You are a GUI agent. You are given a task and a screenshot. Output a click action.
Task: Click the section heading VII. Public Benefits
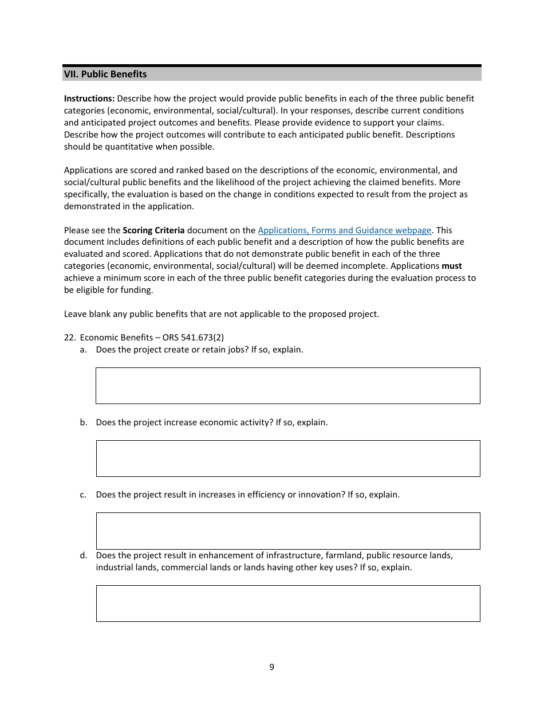[x=105, y=74]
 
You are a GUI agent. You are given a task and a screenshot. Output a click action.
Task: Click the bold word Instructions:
[x=89, y=99]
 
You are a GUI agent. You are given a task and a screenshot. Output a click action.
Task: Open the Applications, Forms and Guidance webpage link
[x=344, y=230]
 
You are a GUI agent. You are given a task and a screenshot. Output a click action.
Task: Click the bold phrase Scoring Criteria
[x=153, y=230]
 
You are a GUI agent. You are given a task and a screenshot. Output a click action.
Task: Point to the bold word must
[x=452, y=266]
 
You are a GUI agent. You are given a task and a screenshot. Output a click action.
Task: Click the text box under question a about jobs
[x=287, y=386]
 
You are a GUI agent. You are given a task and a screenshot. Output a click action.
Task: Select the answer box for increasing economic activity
[x=287, y=459]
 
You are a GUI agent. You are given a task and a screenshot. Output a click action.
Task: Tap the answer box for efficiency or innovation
[x=287, y=531]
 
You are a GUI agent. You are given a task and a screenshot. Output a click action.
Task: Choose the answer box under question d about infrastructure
[x=287, y=604]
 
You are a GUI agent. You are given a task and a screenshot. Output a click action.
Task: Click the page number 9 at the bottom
[x=271, y=667]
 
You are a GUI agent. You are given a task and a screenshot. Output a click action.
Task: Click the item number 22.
[x=69, y=338]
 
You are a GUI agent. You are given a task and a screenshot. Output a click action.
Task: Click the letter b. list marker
[x=84, y=422]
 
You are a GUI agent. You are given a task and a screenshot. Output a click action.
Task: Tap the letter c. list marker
[x=84, y=495]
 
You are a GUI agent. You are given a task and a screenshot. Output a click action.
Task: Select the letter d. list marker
[x=84, y=555]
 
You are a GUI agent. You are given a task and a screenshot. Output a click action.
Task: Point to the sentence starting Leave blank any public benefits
[x=221, y=314]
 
